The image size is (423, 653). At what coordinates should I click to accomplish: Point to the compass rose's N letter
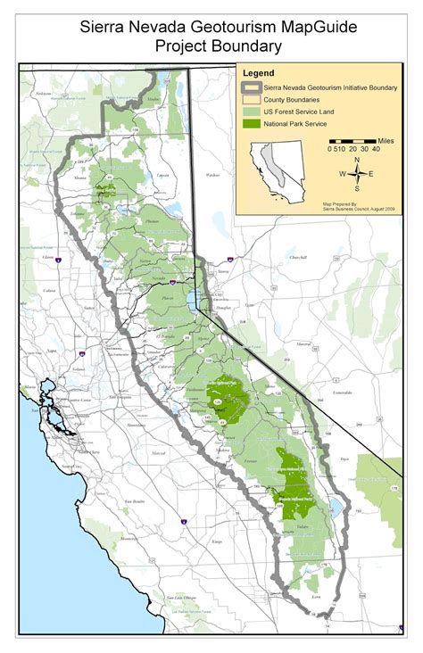click(x=357, y=161)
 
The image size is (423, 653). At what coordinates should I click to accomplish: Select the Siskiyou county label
click(x=41, y=94)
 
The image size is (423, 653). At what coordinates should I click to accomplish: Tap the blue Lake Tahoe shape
click(x=193, y=302)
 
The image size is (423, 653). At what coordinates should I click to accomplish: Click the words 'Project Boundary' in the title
click(x=219, y=45)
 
